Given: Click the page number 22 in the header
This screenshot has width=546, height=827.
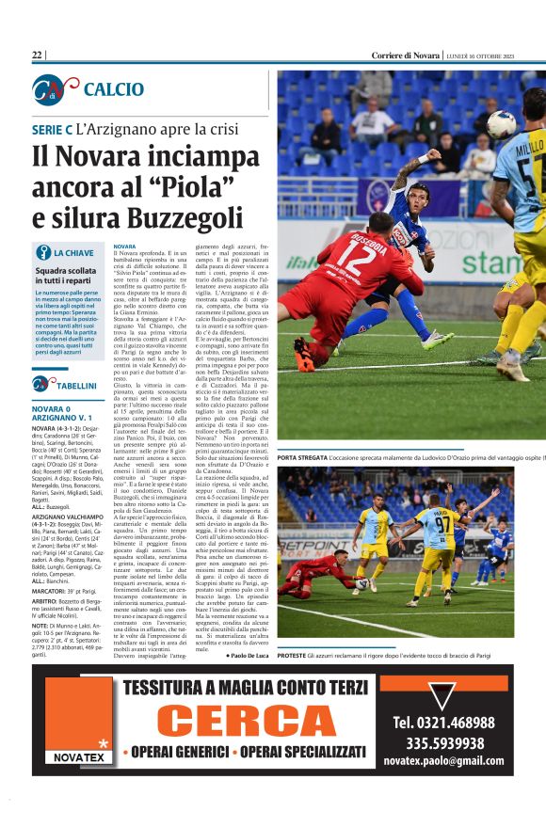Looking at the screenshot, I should tap(37, 56).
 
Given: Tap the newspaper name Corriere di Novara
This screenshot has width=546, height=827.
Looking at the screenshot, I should tap(405, 56).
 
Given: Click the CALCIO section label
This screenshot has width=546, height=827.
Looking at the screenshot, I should tap(113, 89).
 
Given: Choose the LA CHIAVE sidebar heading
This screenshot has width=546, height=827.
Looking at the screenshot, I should tap(73, 253).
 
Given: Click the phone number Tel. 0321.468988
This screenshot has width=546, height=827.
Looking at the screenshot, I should tap(442, 723).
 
